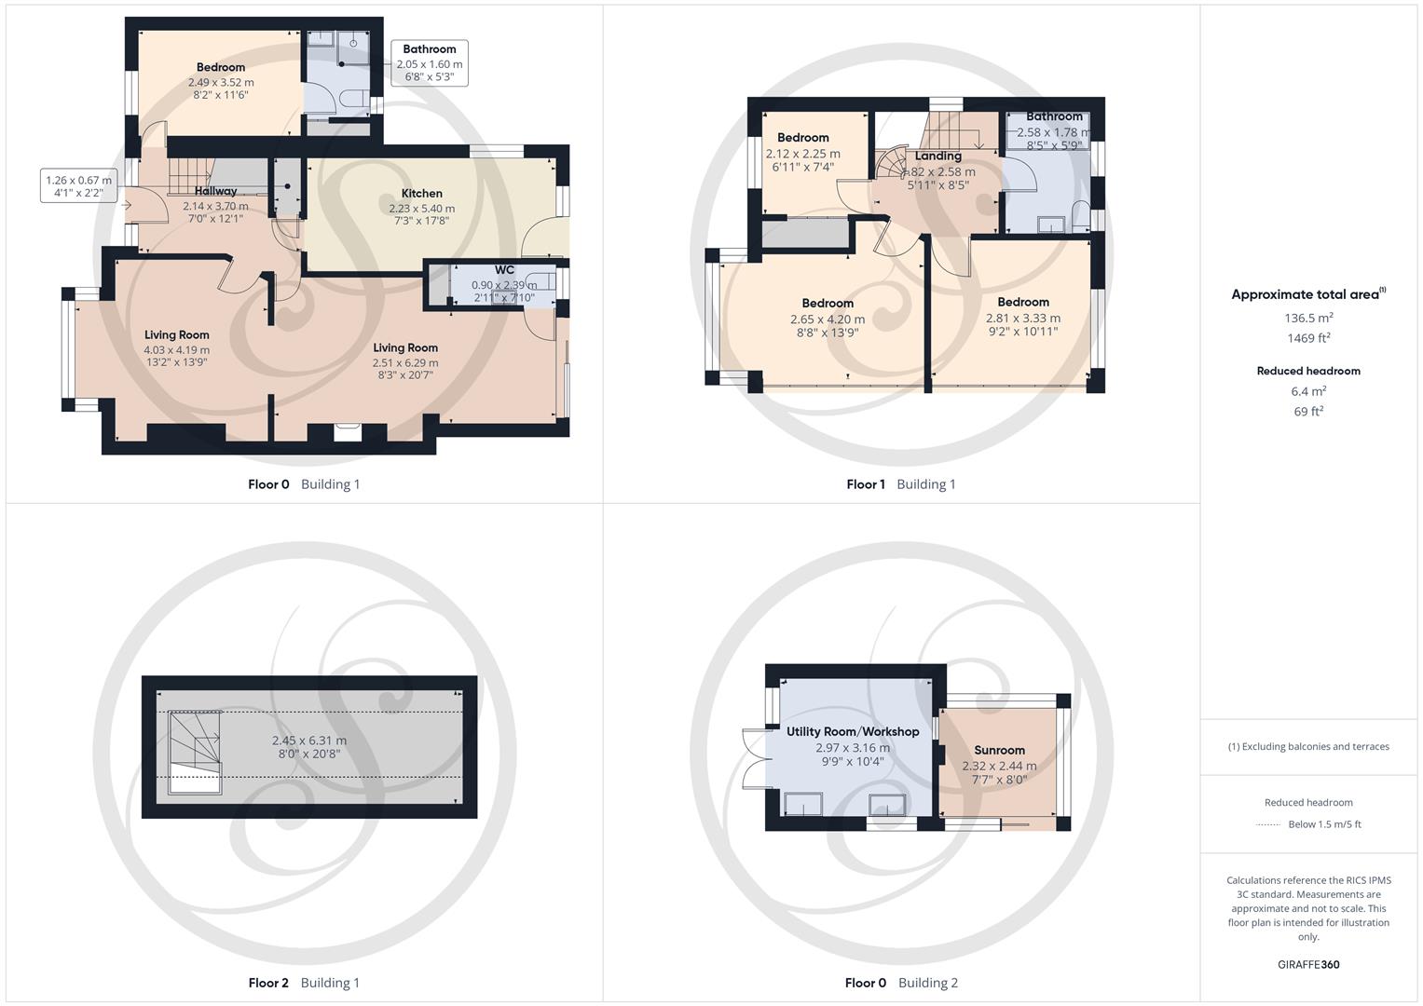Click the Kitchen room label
(422, 194)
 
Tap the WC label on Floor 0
(504, 270)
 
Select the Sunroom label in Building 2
(999, 750)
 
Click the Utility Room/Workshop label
(853, 731)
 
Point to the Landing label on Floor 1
(937, 156)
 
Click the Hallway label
(215, 191)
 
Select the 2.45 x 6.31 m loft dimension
(308, 741)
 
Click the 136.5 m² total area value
(1308, 318)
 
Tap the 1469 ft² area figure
(1308, 338)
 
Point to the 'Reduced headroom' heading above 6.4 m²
(1308, 371)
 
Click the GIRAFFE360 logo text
(1308, 964)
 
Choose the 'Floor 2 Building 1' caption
(304, 983)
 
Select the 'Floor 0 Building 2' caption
(901, 983)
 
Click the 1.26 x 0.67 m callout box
(78, 186)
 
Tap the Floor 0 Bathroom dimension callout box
(430, 63)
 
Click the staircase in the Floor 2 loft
(195, 751)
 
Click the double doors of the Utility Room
(756, 756)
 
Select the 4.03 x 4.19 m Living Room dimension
(176, 350)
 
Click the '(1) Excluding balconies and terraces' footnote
(1308, 746)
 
